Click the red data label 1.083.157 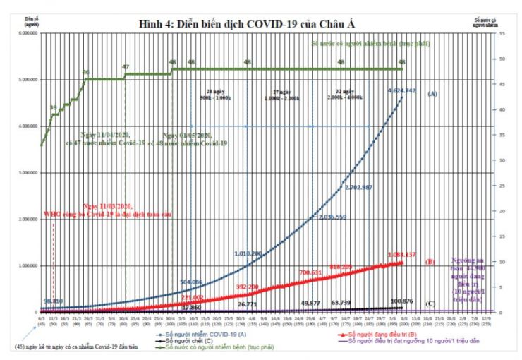[x=402, y=254]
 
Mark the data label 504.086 [x=195, y=282]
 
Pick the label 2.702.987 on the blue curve [x=364, y=187]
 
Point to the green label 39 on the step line [x=53, y=108]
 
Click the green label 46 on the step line [x=85, y=72]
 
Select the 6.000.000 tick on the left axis [x=27, y=33]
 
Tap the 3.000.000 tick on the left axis [x=27, y=173]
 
